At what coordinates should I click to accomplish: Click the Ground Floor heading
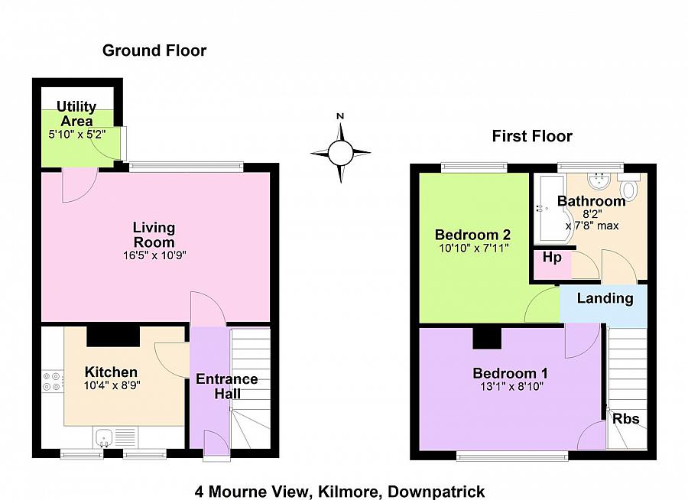point(154,50)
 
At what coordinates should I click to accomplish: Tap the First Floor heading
point(532,136)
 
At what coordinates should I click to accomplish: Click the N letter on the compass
point(340,116)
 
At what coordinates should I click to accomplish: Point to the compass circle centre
point(340,153)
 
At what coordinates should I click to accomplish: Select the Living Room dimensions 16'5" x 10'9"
point(155,255)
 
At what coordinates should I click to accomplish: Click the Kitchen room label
point(111,372)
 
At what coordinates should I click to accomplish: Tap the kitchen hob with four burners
point(53,381)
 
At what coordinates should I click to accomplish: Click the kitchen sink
point(104,437)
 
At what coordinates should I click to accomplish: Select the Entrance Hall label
point(227,386)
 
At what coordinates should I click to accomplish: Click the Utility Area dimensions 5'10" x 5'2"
point(77,135)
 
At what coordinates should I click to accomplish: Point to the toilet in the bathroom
point(629,186)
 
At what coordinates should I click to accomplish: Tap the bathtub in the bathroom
point(552,209)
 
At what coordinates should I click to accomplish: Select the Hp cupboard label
point(552,257)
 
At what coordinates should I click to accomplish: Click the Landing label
point(605,298)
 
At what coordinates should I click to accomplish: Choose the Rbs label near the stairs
point(625,418)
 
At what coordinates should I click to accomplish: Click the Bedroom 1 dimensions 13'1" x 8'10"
point(510,387)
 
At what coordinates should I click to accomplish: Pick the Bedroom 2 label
point(472,235)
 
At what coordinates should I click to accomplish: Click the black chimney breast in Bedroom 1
point(487,338)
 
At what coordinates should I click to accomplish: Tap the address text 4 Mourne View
point(252,492)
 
